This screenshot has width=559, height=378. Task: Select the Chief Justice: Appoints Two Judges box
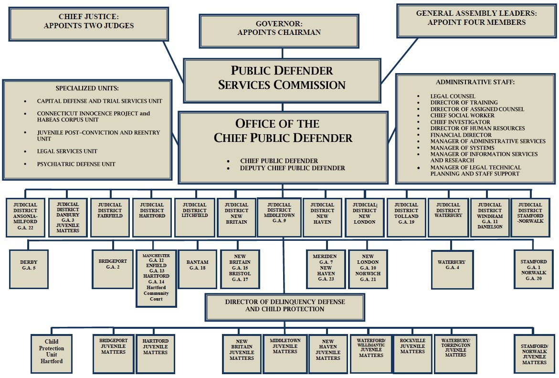pos(88,22)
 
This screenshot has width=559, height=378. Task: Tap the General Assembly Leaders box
pos(476,19)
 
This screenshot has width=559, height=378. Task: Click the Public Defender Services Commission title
pos(282,78)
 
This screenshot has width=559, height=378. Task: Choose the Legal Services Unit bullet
pos(67,151)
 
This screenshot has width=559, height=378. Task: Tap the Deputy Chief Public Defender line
pos(293,168)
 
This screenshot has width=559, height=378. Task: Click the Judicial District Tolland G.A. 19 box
pos(406,213)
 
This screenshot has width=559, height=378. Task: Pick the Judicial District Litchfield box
pos(194,210)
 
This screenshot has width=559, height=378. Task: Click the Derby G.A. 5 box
pos(29,265)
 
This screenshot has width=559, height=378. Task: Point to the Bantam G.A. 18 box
pos(197,265)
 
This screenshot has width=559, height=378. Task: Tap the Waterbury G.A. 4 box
pos(451,265)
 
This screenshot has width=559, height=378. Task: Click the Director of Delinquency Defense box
pos(285,305)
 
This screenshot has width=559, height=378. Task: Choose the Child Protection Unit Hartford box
pos(52,352)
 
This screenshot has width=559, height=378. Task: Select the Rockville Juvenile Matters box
pos(412,349)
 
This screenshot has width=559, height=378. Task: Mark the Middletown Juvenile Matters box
pos(285,349)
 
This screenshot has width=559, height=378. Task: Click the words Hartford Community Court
pos(156,293)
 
